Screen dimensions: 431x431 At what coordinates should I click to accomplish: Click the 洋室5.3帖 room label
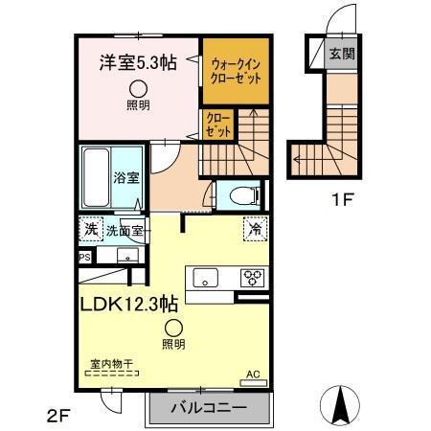(x=139, y=63)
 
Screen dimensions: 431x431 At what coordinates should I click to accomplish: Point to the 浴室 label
(x=125, y=176)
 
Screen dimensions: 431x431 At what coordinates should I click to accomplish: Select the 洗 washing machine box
(x=89, y=230)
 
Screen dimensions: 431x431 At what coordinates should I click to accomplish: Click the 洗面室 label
(x=125, y=230)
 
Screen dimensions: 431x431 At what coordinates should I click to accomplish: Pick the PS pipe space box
(x=85, y=257)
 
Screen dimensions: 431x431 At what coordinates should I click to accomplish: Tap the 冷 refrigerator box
(x=255, y=229)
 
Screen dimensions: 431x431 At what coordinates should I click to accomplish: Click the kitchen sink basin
(x=206, y=278)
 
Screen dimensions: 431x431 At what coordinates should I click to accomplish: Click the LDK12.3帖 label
(x=133, y=304)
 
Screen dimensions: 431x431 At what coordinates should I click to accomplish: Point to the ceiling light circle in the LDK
(x=173, y=327)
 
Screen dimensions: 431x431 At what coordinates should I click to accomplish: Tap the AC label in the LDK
(x=253, y=374)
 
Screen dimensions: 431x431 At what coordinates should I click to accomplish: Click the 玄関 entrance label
(x=342, y=54)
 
